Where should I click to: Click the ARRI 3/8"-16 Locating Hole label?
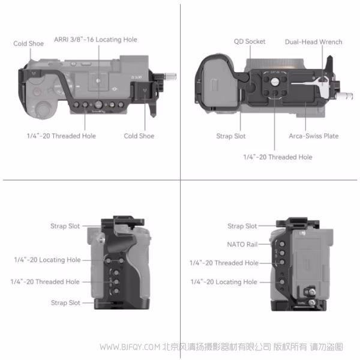(x=104, y=40)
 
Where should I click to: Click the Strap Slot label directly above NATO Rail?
(x=242, y=226)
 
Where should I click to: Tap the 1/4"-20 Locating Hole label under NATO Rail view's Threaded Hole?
(x=223, y=282)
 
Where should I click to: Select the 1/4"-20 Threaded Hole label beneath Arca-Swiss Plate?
(x=277, y=157)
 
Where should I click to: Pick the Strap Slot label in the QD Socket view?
(x=231, y=136)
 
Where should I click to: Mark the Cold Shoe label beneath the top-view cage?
(x=139, y=136)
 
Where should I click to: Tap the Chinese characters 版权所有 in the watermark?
(x=290, y=347)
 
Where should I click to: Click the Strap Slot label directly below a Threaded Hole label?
(x=65, y=303)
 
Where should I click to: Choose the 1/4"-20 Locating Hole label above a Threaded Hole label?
(x=47, y=260)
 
